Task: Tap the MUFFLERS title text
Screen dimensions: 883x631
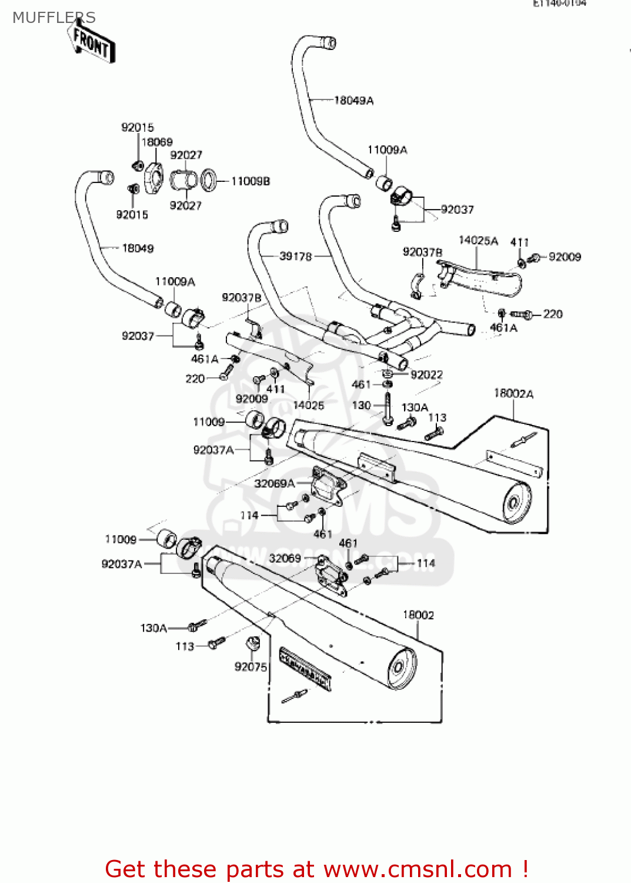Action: [54, 18]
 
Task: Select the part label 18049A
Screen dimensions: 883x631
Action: [353, 101]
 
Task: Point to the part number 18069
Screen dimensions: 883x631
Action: [157, 142]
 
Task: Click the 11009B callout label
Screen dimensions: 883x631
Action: [251, 181]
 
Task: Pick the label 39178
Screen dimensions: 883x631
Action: [295, 256]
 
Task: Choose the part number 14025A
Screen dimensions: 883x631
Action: [478, 241]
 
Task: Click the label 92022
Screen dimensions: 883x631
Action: [426, 375]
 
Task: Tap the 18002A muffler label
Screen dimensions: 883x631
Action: [513, 393]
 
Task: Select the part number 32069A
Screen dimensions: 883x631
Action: [274, 483]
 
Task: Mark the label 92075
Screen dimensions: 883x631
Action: [251, 667]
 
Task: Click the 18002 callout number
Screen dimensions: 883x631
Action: [418, 615]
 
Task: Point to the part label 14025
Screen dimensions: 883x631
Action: [308, 405]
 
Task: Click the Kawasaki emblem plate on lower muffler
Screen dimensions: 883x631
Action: [305, 668]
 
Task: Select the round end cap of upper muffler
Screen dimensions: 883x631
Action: [515, 502]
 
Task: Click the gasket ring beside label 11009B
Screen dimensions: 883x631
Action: [208, 180]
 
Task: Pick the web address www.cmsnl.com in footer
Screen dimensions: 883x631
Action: [418, 869]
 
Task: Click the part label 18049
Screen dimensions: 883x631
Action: [138, 248]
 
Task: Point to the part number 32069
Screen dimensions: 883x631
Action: [285, 558]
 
